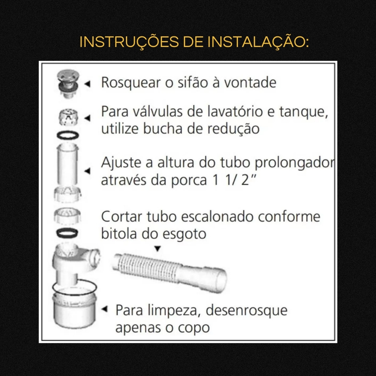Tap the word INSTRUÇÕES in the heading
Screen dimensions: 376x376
click(x=129, y=41)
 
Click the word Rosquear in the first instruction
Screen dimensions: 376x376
click(x=131, y=83)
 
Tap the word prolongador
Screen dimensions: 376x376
click(x=295, y=163)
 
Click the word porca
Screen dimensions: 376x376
click(x=189, y=181)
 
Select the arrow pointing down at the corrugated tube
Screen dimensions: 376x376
click(x=157, y=249)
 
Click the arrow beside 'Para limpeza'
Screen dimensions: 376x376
click(x=105, y=309)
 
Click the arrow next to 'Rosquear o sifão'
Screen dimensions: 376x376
click(x=87, y=84)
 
